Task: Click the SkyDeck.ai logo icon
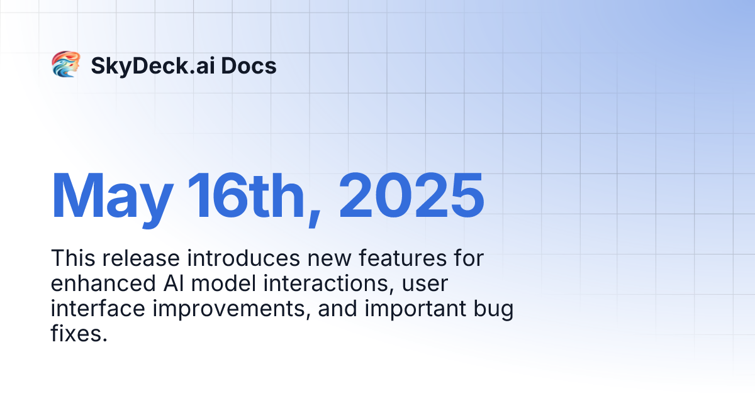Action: [x=65, y=65]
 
